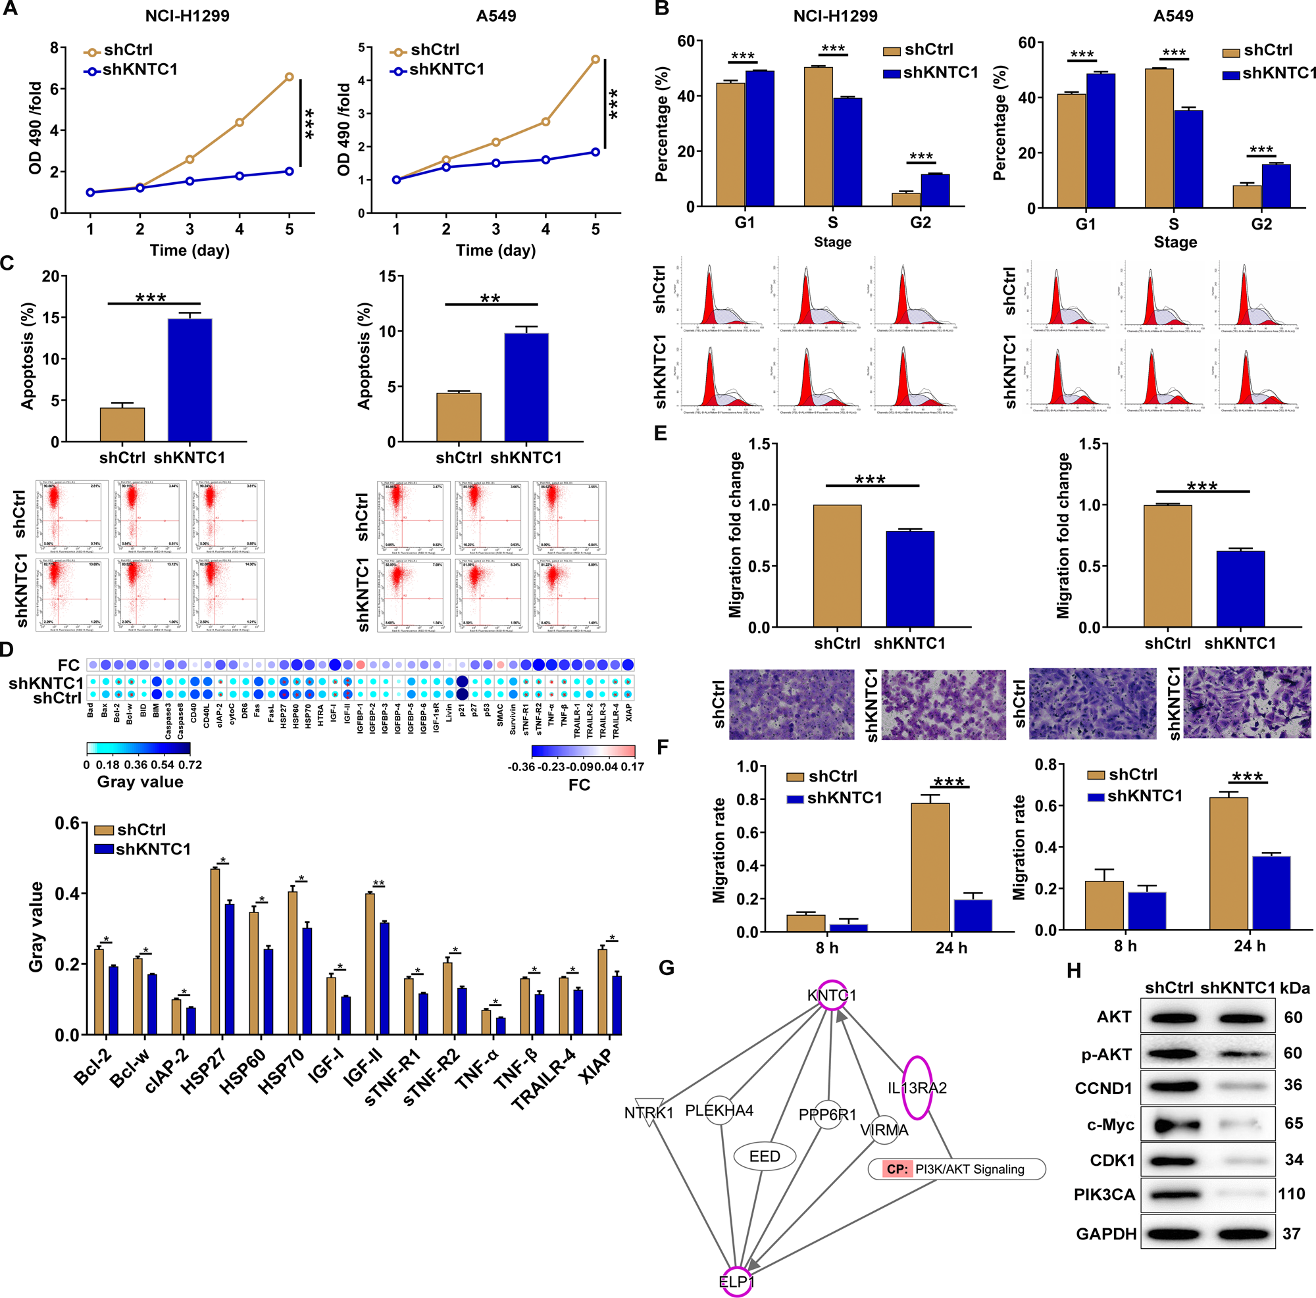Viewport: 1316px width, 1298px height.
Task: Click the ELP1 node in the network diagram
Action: point(736,1281)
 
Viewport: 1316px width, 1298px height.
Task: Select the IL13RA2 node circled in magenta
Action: point(917,1087)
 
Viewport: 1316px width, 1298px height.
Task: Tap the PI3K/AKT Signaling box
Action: point(956,1168)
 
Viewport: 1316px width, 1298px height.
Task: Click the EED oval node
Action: point(764,1156)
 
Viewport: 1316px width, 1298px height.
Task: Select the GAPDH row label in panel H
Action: point(1106,1234)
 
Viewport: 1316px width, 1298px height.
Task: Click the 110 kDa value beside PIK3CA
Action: point(1291,1193)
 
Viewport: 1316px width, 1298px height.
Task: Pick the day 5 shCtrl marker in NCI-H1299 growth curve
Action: point(290,77)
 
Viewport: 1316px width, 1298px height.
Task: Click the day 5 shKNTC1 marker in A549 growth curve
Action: point(595,152)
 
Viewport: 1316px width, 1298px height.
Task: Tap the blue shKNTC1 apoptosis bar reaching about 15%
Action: point(190,380)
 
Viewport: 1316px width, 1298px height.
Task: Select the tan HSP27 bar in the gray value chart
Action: point(215,951)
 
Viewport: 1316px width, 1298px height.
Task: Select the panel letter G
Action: point(666,968)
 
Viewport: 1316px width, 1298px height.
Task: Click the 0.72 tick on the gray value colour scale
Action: point(191,764)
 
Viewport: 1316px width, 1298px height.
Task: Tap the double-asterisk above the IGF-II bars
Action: point(378,884)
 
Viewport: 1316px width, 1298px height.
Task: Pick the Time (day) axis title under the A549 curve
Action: point(496,250)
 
